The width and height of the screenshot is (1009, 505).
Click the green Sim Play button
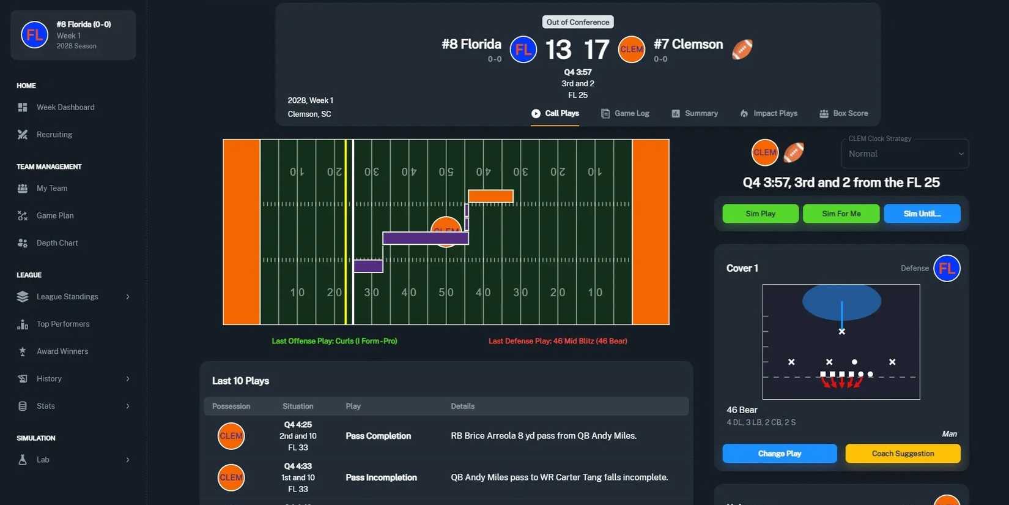coord(760,214)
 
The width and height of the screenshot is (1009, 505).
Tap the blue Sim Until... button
coord(922,214)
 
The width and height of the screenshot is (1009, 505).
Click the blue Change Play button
coord(779,454)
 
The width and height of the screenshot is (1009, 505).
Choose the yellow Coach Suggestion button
coord(903,454)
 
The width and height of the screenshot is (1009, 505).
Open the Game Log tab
coord(625,113)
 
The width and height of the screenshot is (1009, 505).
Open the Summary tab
coord(695,113)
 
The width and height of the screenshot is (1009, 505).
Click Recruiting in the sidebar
coord(54,135)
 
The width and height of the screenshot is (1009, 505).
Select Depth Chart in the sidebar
coord(57,243)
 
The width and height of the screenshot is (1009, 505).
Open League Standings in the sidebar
coord(67,297)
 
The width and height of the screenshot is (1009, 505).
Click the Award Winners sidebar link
coord(62,351)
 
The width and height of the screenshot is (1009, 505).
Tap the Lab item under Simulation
coord(43,460)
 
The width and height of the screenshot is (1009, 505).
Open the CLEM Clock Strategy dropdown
coord(904,154)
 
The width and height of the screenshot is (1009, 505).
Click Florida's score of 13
coord(558,50)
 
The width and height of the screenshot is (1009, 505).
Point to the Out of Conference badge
coord(578,22)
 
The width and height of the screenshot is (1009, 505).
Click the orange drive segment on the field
coord(490,196)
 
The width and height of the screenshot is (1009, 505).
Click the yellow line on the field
coord(346,232)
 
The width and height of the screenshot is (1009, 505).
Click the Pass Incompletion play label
coord(381,477)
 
